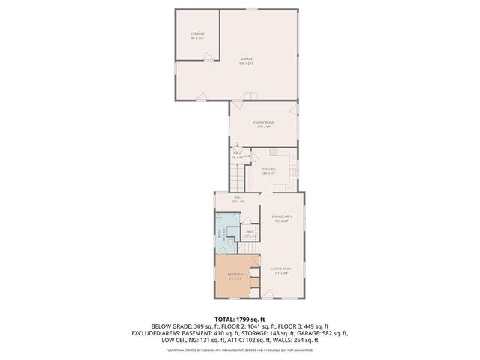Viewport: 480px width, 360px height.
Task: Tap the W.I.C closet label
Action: pos(252,233)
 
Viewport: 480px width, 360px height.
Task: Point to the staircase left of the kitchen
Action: pos(238,178)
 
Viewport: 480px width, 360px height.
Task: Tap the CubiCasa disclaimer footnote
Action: pos(239,349)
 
